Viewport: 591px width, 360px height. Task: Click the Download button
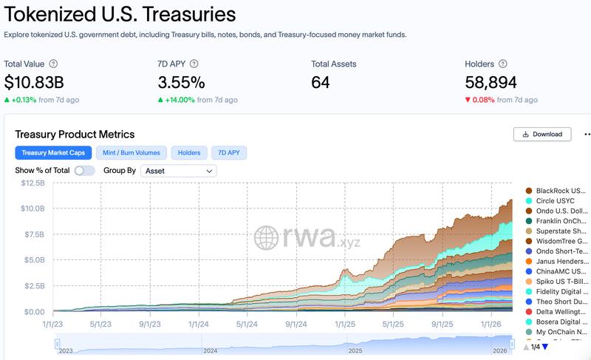coord(542,134)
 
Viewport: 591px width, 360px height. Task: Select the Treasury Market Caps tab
coord(52,153)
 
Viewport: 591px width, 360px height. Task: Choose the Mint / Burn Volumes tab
coord(131,153)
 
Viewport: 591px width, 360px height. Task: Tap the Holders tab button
coord(189,153)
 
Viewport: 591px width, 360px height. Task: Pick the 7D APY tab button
coord(229,153)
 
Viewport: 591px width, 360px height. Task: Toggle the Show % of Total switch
coord(84,171)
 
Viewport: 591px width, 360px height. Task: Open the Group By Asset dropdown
coord(180,171)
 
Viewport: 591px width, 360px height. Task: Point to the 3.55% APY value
coord(181,82)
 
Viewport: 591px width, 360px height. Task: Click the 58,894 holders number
coord(491,82)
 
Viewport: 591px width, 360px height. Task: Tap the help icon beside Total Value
coord(53,64)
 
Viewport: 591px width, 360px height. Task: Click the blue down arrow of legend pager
coord(545,347)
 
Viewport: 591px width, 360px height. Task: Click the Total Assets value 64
coord(321,82)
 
